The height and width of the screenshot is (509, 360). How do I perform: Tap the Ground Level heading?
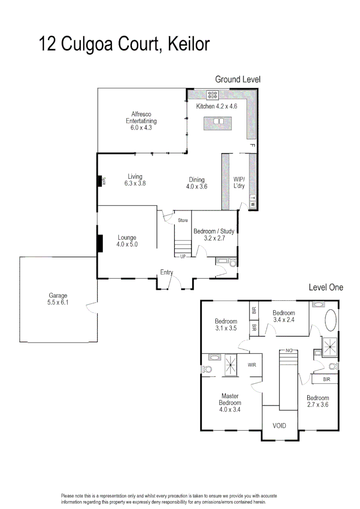[237, 80]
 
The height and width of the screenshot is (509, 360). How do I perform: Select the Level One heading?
[326, 287]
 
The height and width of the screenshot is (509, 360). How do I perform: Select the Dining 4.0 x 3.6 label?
[196, 183]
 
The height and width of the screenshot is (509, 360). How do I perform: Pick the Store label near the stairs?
[183, 220]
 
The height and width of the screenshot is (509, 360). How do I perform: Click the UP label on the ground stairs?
[182, 256]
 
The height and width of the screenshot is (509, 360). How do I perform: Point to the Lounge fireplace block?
[100, 244]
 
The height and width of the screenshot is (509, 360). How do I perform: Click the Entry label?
[166, 272]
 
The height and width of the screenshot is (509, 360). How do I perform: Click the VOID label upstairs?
[279, 426]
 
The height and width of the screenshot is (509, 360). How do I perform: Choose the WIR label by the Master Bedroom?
[252, 364]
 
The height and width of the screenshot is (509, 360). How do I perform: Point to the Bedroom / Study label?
[214, 235]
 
